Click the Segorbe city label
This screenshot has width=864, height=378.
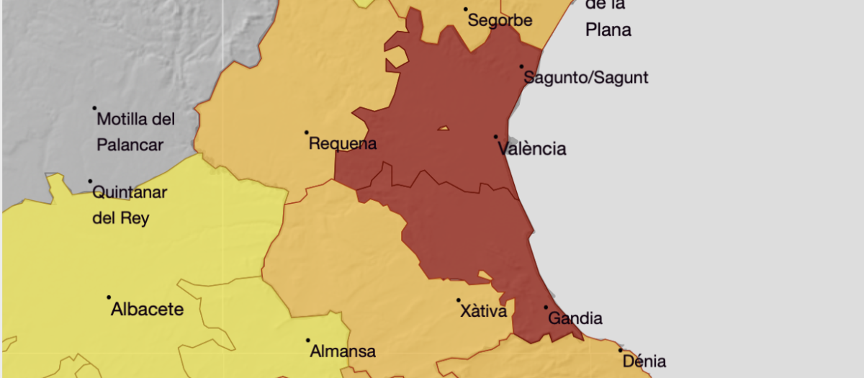coord(500,20)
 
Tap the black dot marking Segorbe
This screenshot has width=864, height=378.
coord(466,9)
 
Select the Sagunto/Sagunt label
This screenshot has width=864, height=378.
coord(586,78)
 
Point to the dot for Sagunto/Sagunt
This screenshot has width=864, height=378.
coord(522,67)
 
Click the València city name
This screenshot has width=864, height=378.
coord(532,149)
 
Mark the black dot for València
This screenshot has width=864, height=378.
coord(495,136)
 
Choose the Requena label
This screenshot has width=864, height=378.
coord(343,144)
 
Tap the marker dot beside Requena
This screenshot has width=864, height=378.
coord(306,132)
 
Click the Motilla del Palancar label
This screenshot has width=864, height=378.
coord(136,131)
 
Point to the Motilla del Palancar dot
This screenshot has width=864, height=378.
coord(94,109)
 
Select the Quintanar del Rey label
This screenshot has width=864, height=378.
coord(130,204)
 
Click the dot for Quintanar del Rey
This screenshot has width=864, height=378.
coord(91,181)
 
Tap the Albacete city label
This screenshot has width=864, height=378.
coord(147,310)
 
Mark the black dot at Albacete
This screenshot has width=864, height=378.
coord(109,297)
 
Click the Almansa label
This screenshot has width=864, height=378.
coord(343,352)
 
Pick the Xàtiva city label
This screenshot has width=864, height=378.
coord(483,312)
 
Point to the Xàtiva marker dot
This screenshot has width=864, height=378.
coord(458,300)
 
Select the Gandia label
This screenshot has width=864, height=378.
coord(575,318)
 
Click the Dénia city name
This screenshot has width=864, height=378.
coord(644,361)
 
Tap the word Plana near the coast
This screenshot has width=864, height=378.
coord(608,30)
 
